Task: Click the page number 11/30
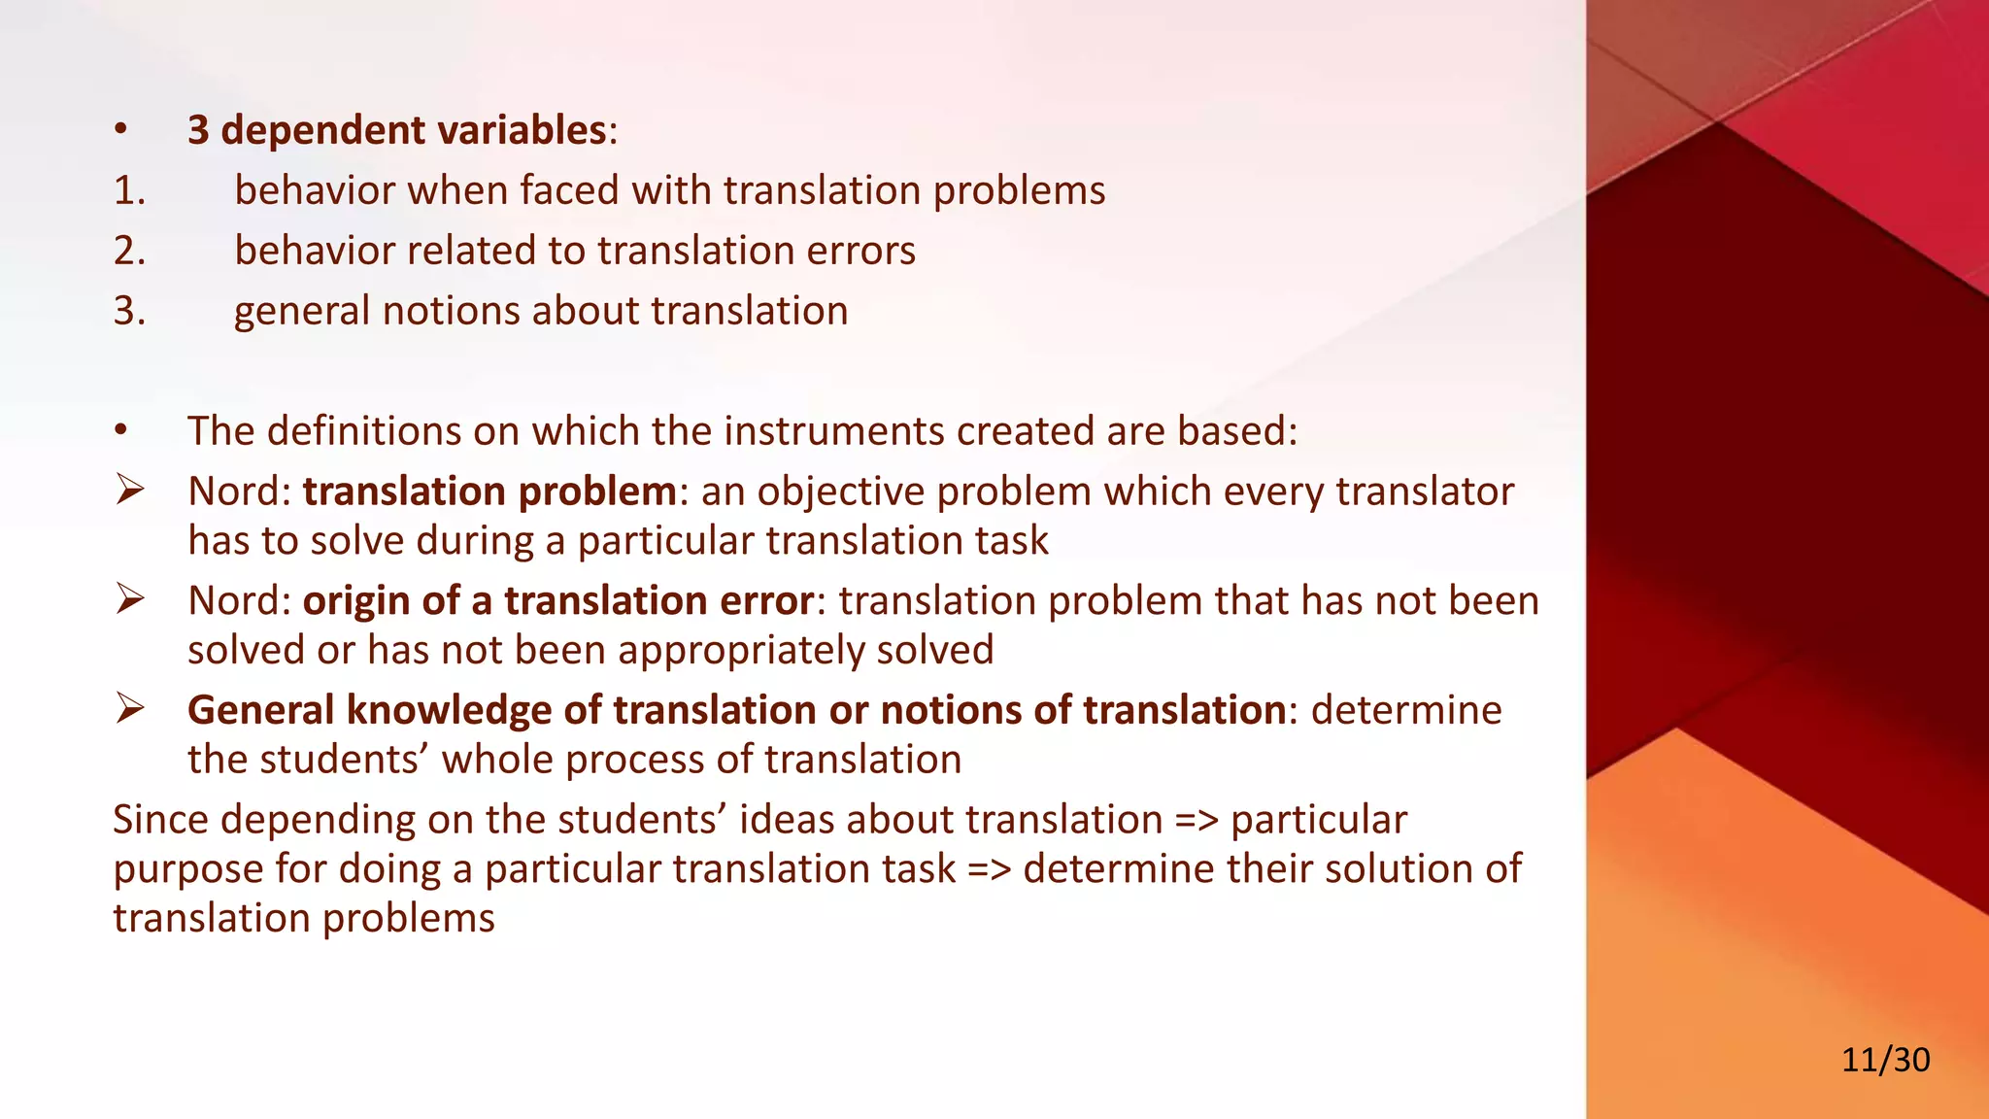point(1885,1059)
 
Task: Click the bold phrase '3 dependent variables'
point(397,130)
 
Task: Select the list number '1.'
point(129,190)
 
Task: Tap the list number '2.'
point(129,251)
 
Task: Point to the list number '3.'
point(129,311)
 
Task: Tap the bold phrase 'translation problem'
point(489,492)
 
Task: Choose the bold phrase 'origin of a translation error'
point(558,601)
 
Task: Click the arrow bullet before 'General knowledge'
point(129,708)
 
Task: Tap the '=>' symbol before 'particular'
point(1196,820)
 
